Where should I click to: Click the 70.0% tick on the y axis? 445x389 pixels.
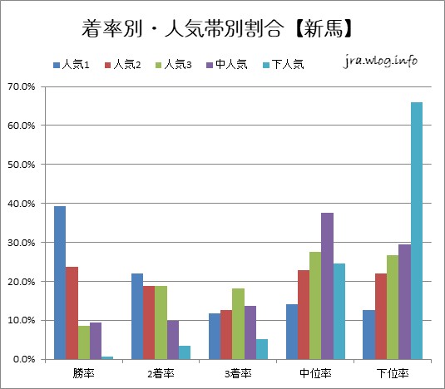point(22,86)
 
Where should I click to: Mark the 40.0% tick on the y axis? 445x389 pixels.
point(22,204)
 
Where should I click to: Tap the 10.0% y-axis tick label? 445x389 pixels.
point(22,321)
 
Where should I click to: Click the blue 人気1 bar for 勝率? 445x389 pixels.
point(60,283)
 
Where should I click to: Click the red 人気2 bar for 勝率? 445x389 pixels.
point(72,313)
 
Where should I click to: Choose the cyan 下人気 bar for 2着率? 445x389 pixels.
point(185,352)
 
